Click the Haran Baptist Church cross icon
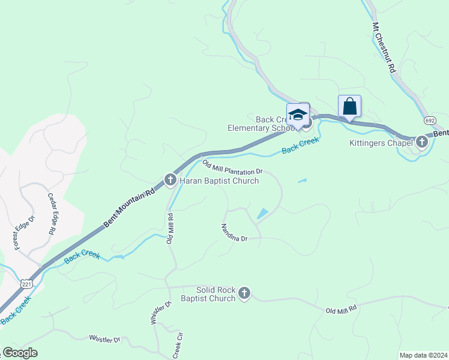click(x=170, y=179)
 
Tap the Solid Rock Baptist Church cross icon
click(x=244, y=293)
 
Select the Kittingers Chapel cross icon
click(x=422, y=142)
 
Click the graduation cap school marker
click(x=298, y=114)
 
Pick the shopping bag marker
click(x=349, y=106)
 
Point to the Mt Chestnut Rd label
click(x=384, y=47)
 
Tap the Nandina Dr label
click(x=234, y=232)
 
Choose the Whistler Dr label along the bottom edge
click(x=104, y=339)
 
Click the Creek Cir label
click(x=177, y=346)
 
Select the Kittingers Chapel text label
click(x=381, y=143)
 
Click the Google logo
click(x=20, y=353)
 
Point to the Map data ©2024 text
click(x=423, y=355)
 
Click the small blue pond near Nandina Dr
click(x=262, y=213)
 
